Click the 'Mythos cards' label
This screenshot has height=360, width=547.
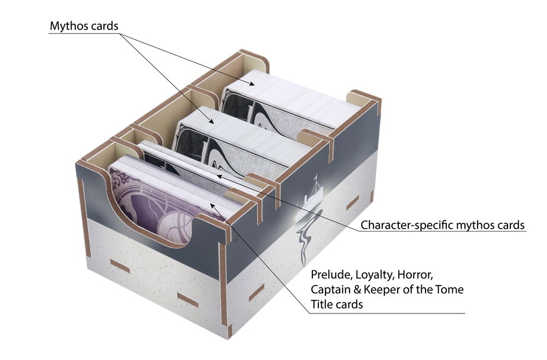tap(84, 26)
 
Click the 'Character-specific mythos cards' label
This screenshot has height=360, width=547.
tap(443, 225)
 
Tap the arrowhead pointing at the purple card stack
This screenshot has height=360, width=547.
tap(213, 205)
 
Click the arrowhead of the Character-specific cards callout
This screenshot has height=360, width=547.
tap(219, 176)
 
